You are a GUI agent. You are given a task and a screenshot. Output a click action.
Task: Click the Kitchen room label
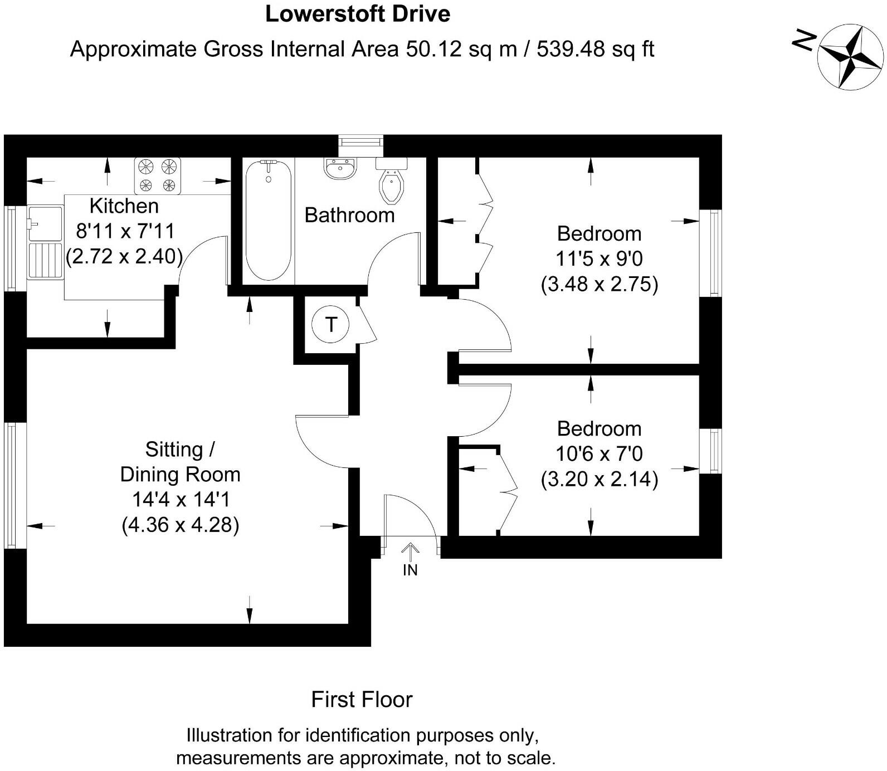(124, 206)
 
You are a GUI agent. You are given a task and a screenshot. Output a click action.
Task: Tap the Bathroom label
(349, 215)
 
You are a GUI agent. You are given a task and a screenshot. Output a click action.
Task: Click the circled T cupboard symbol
(331, 324)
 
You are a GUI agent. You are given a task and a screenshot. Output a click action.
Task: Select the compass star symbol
(851, 56)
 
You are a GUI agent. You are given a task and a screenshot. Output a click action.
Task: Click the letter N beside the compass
(804, 40)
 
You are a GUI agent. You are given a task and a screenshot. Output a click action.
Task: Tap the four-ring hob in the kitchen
(158, 176)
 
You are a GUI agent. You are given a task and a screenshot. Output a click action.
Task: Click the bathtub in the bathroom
(269, 220)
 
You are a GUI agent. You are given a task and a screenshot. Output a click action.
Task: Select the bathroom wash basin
(340, 169)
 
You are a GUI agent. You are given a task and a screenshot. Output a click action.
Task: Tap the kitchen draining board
(45, 260)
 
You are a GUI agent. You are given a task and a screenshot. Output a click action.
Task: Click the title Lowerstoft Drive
(358, 14)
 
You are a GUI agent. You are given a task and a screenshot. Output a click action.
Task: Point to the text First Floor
(362, 700)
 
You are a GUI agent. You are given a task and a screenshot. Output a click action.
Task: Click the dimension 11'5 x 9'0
(599, 259)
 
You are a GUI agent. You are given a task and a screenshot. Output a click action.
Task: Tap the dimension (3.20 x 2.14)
(600, 479)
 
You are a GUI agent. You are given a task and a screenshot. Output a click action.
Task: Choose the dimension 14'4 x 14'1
(181, 500)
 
